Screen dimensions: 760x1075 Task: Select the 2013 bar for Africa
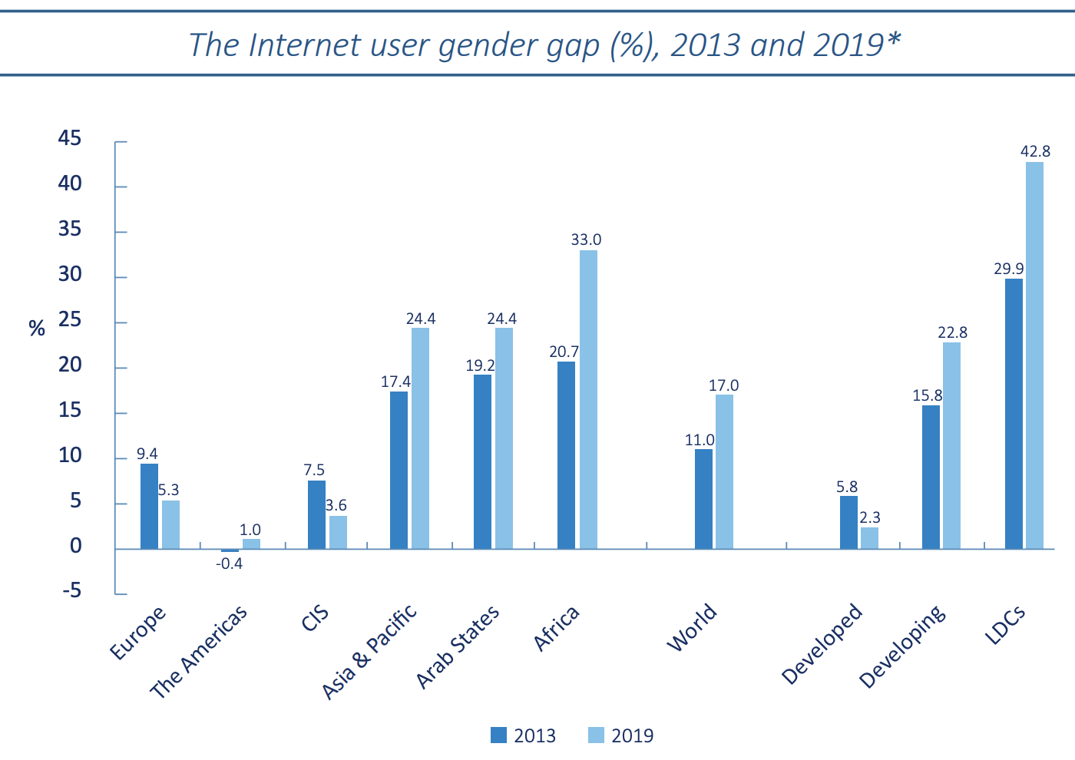click(x=566, y=454)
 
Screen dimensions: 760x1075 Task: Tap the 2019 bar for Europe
click(x=170, y=524)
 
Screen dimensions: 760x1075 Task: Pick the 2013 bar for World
click(x=703, y=498)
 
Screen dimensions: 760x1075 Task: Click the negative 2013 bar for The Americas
click(x=230, y=550)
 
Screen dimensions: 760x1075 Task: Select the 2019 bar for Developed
click(x=869, y=537)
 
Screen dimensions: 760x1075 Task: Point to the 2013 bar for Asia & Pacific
click(x=399, y=470)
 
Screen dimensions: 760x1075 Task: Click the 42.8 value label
click(x=1035, y=151)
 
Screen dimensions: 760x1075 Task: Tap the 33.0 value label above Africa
click(x=586, y=240)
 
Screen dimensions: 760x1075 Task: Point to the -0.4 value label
click(x=229, y=563)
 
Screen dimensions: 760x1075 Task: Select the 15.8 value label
click(x=927, y=395)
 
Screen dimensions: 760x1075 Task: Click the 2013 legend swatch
click(x=499, y=735)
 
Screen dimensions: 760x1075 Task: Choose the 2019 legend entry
click(x=621, y=735)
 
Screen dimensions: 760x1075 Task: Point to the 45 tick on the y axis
click(x=69, y=138)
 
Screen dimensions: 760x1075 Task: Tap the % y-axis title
click(x=36, y=329)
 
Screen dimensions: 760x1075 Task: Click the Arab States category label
click(x=458, y=646)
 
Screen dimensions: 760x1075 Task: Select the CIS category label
click(x=315, y=619)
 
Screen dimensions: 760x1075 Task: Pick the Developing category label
click(x=901, y=646)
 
